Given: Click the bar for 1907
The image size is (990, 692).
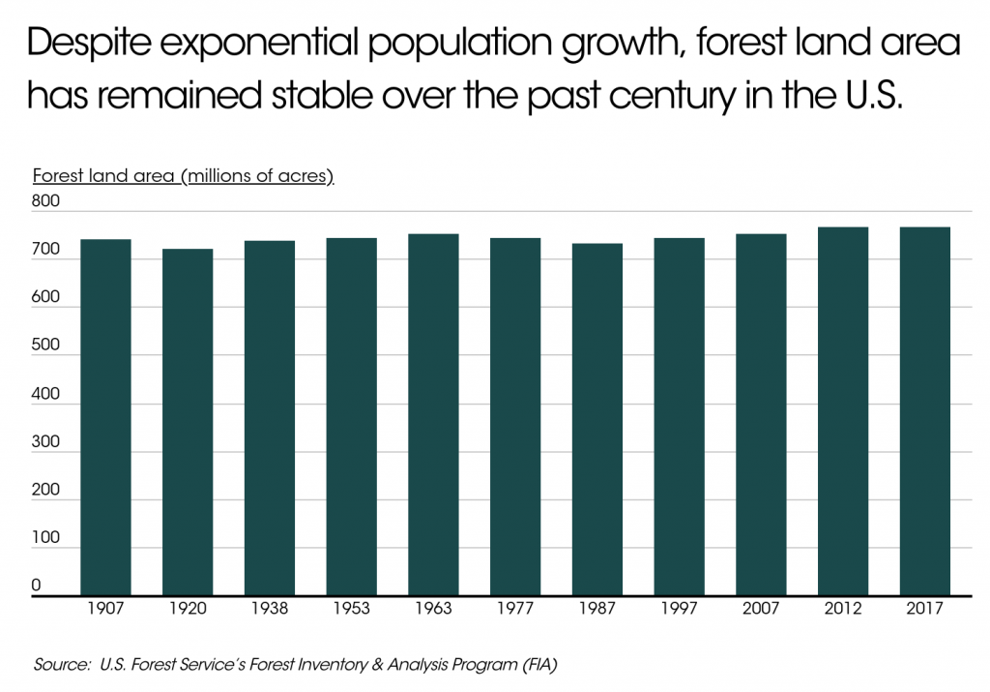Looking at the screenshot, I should [105, 417].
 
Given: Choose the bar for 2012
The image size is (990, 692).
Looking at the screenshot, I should [843, 411].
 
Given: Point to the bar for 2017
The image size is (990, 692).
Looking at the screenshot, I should [924, 411].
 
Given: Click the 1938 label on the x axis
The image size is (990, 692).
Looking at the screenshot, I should [270, 612].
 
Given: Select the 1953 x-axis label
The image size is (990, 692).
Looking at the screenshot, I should [351, 612].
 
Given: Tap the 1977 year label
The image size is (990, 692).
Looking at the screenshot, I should [515, 612].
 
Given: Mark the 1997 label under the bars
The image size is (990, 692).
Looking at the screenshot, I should [679, 612].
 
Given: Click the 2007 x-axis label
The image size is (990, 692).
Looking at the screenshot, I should [761, 612].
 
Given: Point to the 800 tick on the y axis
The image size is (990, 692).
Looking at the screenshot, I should [46, 202].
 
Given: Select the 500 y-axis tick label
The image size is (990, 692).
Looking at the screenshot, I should [46, 346].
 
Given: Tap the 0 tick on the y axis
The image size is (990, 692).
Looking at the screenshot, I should [37, 586].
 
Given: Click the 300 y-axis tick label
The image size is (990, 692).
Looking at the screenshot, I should [46, 442].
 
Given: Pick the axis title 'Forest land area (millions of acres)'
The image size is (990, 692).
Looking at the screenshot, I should [183, 176].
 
